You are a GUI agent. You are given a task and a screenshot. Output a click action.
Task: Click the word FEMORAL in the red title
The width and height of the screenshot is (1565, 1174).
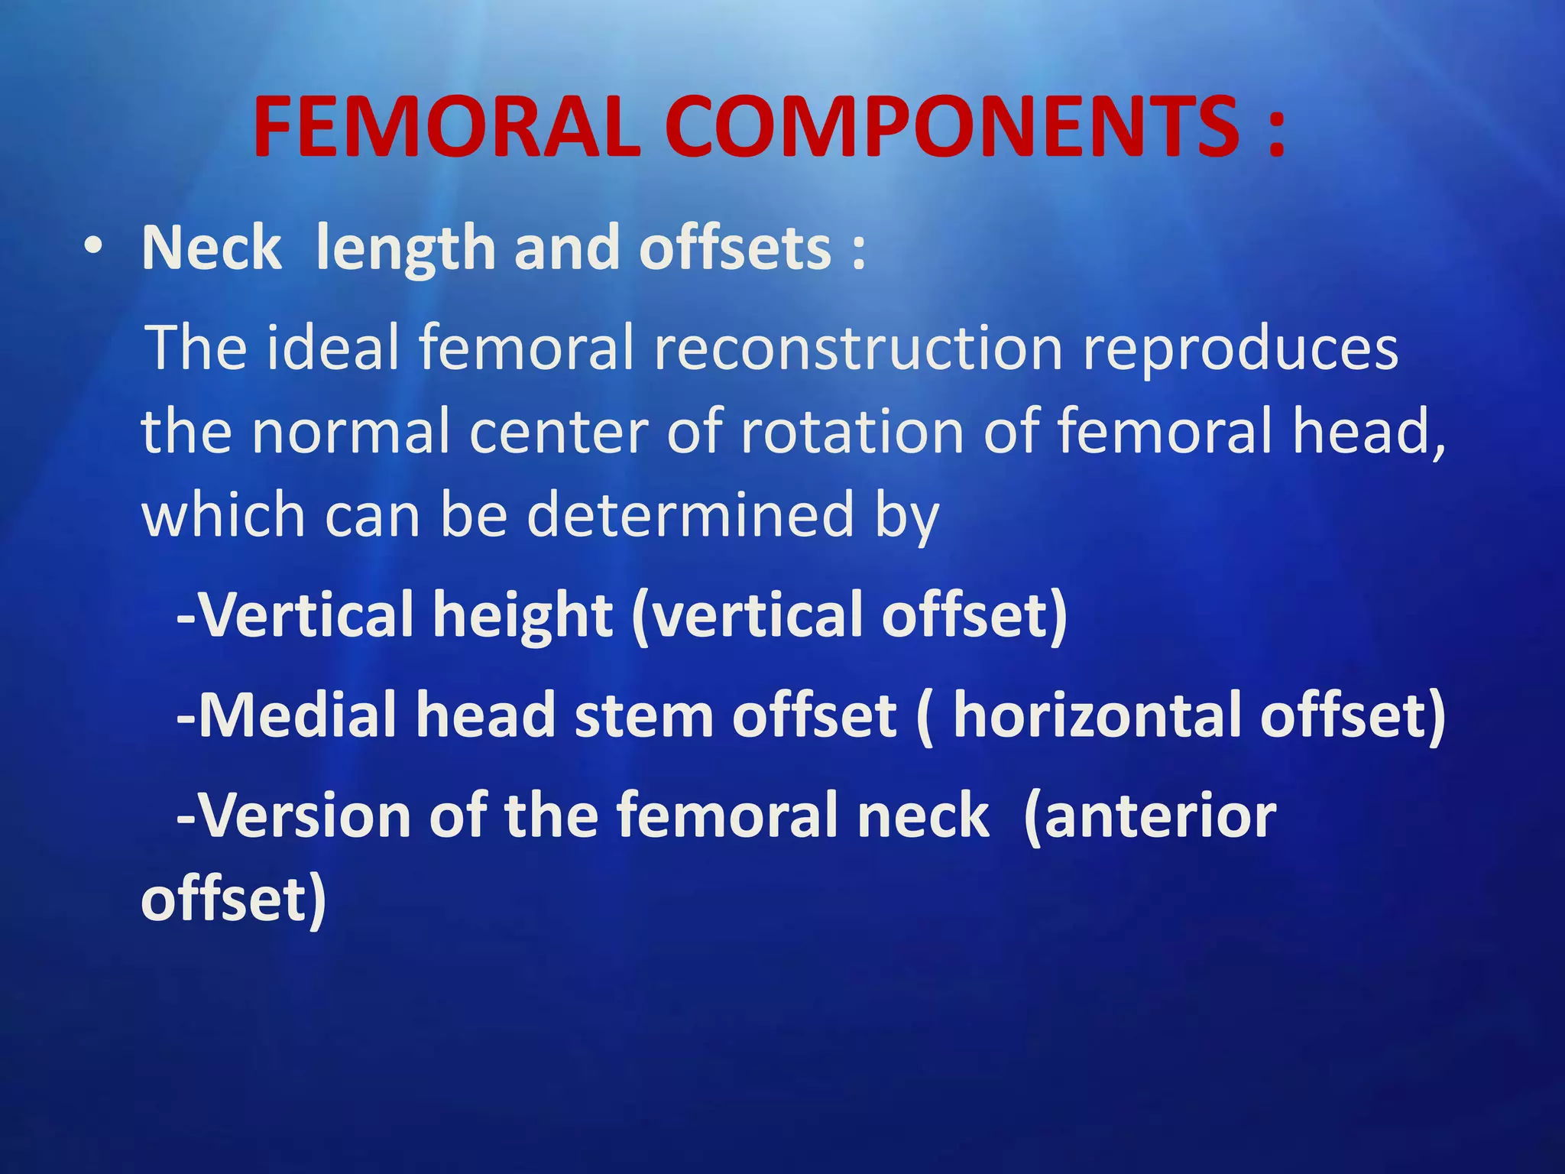[446, 128]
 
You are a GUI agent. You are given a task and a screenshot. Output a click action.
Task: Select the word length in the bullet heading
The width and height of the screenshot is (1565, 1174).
[406, 248]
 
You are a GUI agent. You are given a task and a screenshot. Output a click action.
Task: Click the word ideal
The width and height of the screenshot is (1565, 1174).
[333, 348]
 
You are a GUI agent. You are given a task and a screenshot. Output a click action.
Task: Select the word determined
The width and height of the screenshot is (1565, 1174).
[690, 514]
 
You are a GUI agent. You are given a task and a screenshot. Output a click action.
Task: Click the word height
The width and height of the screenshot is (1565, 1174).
[523, 615]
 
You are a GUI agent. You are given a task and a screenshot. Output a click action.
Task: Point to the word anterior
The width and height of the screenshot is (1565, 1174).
[1149, 817]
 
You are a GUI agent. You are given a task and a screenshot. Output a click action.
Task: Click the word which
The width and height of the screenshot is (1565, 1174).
[223, 514]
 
